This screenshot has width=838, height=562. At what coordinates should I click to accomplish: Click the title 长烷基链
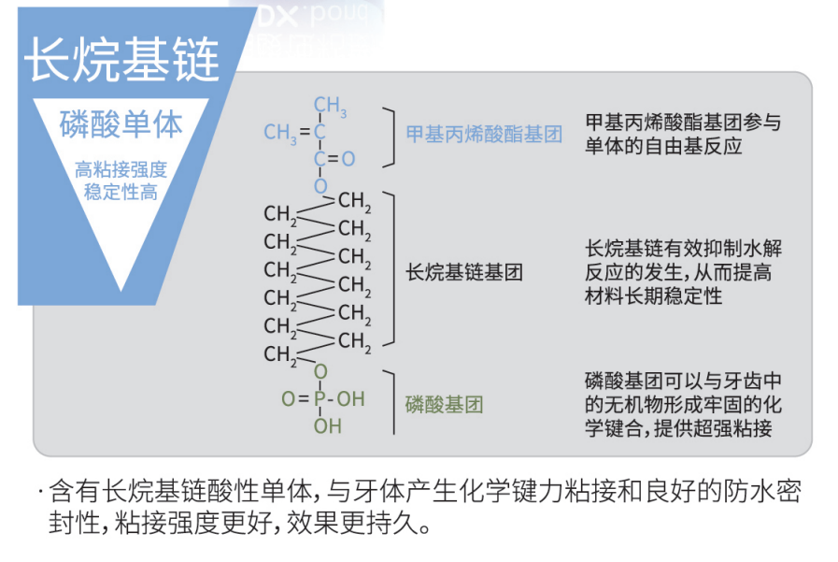(x=121, y=59)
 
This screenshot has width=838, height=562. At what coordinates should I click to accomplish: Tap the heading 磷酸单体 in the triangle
(x=121, y=124)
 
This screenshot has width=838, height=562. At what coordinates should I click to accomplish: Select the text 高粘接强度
(x=121, y=169)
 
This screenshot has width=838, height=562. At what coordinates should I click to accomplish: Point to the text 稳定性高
(x=121, y=192)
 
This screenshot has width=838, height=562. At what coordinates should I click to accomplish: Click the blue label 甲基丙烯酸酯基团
(x=484, y=134)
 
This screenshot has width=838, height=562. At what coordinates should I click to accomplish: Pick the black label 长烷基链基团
(x=464, y=272)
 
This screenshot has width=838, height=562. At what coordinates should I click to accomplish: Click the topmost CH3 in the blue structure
(x=329, y=106)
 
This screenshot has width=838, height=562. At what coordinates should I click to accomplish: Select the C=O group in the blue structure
(x=334, y=159)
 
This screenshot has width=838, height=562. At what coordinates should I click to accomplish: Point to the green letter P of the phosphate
(x=320, y=399)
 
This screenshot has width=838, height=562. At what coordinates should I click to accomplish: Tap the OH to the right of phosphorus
(x=350, y=399)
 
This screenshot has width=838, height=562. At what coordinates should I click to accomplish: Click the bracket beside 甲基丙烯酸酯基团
(x=389, y=137)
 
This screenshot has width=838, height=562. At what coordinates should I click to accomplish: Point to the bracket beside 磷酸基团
(x=389, y=402)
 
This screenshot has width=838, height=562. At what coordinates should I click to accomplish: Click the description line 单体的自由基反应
(x=663, y=147)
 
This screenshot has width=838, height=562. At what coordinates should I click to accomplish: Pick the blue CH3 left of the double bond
(x=279, y=133)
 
